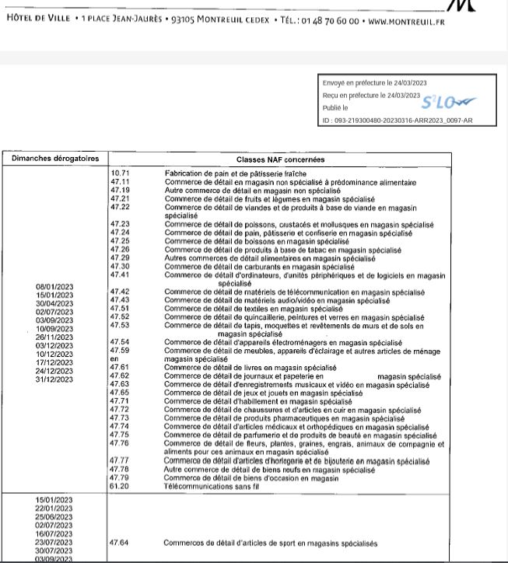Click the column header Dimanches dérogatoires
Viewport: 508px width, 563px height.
(x=55, y=159)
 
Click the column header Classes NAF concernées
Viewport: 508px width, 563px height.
(x=280, y=159)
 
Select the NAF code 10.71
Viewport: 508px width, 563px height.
(x=120, y=173)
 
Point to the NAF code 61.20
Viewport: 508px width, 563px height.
(x=120, y=485)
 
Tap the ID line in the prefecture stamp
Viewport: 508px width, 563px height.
(x=397, y=121)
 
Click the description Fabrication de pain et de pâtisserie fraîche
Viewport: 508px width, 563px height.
(x=235, y=173)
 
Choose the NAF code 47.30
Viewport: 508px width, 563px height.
(x=120, y=266)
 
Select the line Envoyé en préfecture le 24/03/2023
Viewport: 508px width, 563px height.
(x=373, y=83)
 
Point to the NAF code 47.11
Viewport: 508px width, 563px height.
(x=120, y=182)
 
